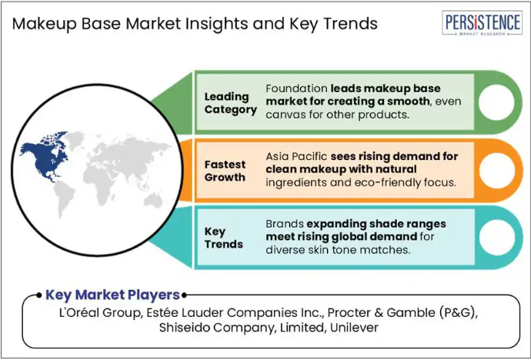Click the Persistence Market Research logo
click(x=482, y=22)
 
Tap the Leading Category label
click(x=231, y=103)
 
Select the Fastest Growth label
click(x=225, y=171)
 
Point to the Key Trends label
click(x=223, y=238)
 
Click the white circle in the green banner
click(x=496, y=102)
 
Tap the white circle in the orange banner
click(x=497, y=170)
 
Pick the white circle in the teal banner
click(x=497, y=238)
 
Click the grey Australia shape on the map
click(x=153, y=200)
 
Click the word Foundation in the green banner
click(x=296, y=88)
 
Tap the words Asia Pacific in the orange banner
click(x=296, y=156)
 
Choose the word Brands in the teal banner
click(x=285, y=224)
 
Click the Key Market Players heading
click(x=112, y=295)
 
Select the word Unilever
click(x=354, y=327)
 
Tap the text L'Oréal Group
click(x=99, y=312)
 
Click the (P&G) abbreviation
click(x=458, y=312)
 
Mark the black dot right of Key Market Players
click(x=184, y=295)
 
